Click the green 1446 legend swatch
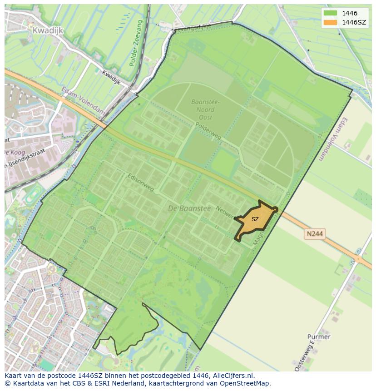[331, 13]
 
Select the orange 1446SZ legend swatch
[331, 22]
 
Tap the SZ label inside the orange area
[255, 219]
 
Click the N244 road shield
[314, 233]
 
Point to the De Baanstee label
[189, 208]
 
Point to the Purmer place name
[319, 337]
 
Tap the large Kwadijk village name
[48, 30]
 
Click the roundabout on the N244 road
[358, 259]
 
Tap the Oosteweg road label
[312, 354]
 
